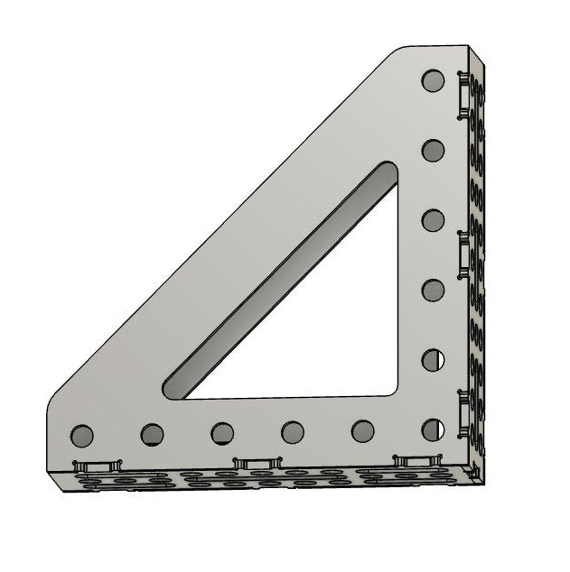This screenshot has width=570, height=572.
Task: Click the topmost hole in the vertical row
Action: point(433,80)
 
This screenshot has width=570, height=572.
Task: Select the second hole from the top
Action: point(433,150)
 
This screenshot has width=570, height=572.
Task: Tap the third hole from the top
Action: point(433,220)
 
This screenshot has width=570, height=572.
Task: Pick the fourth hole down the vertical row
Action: point(433,290)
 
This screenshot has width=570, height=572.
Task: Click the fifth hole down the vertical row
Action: point(433,360)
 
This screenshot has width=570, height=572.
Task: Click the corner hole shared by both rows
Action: point(433,430)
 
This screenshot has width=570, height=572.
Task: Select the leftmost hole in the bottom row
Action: point(82,435)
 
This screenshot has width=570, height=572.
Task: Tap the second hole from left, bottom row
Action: point(152,434)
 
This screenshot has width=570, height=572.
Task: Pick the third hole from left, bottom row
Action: point(222,433)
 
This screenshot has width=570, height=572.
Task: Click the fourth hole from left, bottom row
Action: point(292,432)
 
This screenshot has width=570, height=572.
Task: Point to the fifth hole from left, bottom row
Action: point(362,431)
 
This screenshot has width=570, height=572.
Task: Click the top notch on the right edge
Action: point(463,95)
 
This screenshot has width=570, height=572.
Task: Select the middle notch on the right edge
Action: point(463,254)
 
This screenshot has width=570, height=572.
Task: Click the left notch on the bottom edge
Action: point(97,466)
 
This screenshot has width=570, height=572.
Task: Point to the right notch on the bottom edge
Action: point(417,460)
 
